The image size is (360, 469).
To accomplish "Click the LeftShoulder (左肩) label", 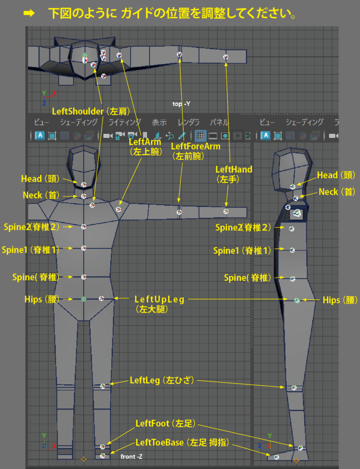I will click(91, 111).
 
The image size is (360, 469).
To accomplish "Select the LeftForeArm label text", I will click(196, 147).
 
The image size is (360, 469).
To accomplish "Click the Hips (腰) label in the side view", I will click(338, 300).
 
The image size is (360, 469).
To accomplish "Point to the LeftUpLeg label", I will click(159, 300).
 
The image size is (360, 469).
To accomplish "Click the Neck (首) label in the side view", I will click(337, 192).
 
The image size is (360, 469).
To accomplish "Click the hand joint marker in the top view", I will click(225, 57).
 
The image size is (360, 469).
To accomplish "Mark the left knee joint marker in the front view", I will click(103, 386).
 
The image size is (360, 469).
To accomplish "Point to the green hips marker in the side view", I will click(297, 300).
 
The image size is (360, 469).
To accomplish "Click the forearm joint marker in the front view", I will click(179, 212).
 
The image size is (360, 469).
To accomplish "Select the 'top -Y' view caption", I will click(181, 104).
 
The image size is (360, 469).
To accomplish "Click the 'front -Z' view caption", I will click(131, 456).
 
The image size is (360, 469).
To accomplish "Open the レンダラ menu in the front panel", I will click(188, 122).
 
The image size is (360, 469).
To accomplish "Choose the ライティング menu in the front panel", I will click(125, 122).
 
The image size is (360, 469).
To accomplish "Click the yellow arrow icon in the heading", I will click(29, 14).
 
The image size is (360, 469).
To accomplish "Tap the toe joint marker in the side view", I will click(276, 457).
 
